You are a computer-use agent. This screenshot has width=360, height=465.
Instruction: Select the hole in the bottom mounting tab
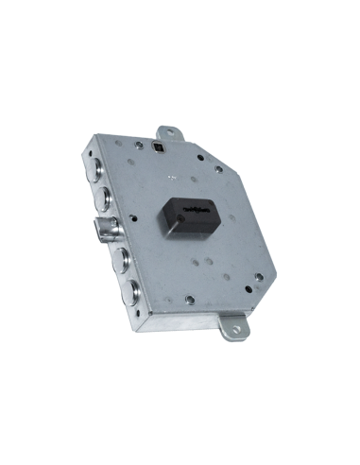(x=232, y=331)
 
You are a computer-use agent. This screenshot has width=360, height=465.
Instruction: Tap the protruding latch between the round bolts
(x=107, y=228)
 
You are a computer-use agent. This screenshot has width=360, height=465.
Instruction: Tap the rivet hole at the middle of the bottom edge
(x=190, y=300)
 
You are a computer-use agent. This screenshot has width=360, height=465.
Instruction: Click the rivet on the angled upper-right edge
(x=219, y=169)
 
